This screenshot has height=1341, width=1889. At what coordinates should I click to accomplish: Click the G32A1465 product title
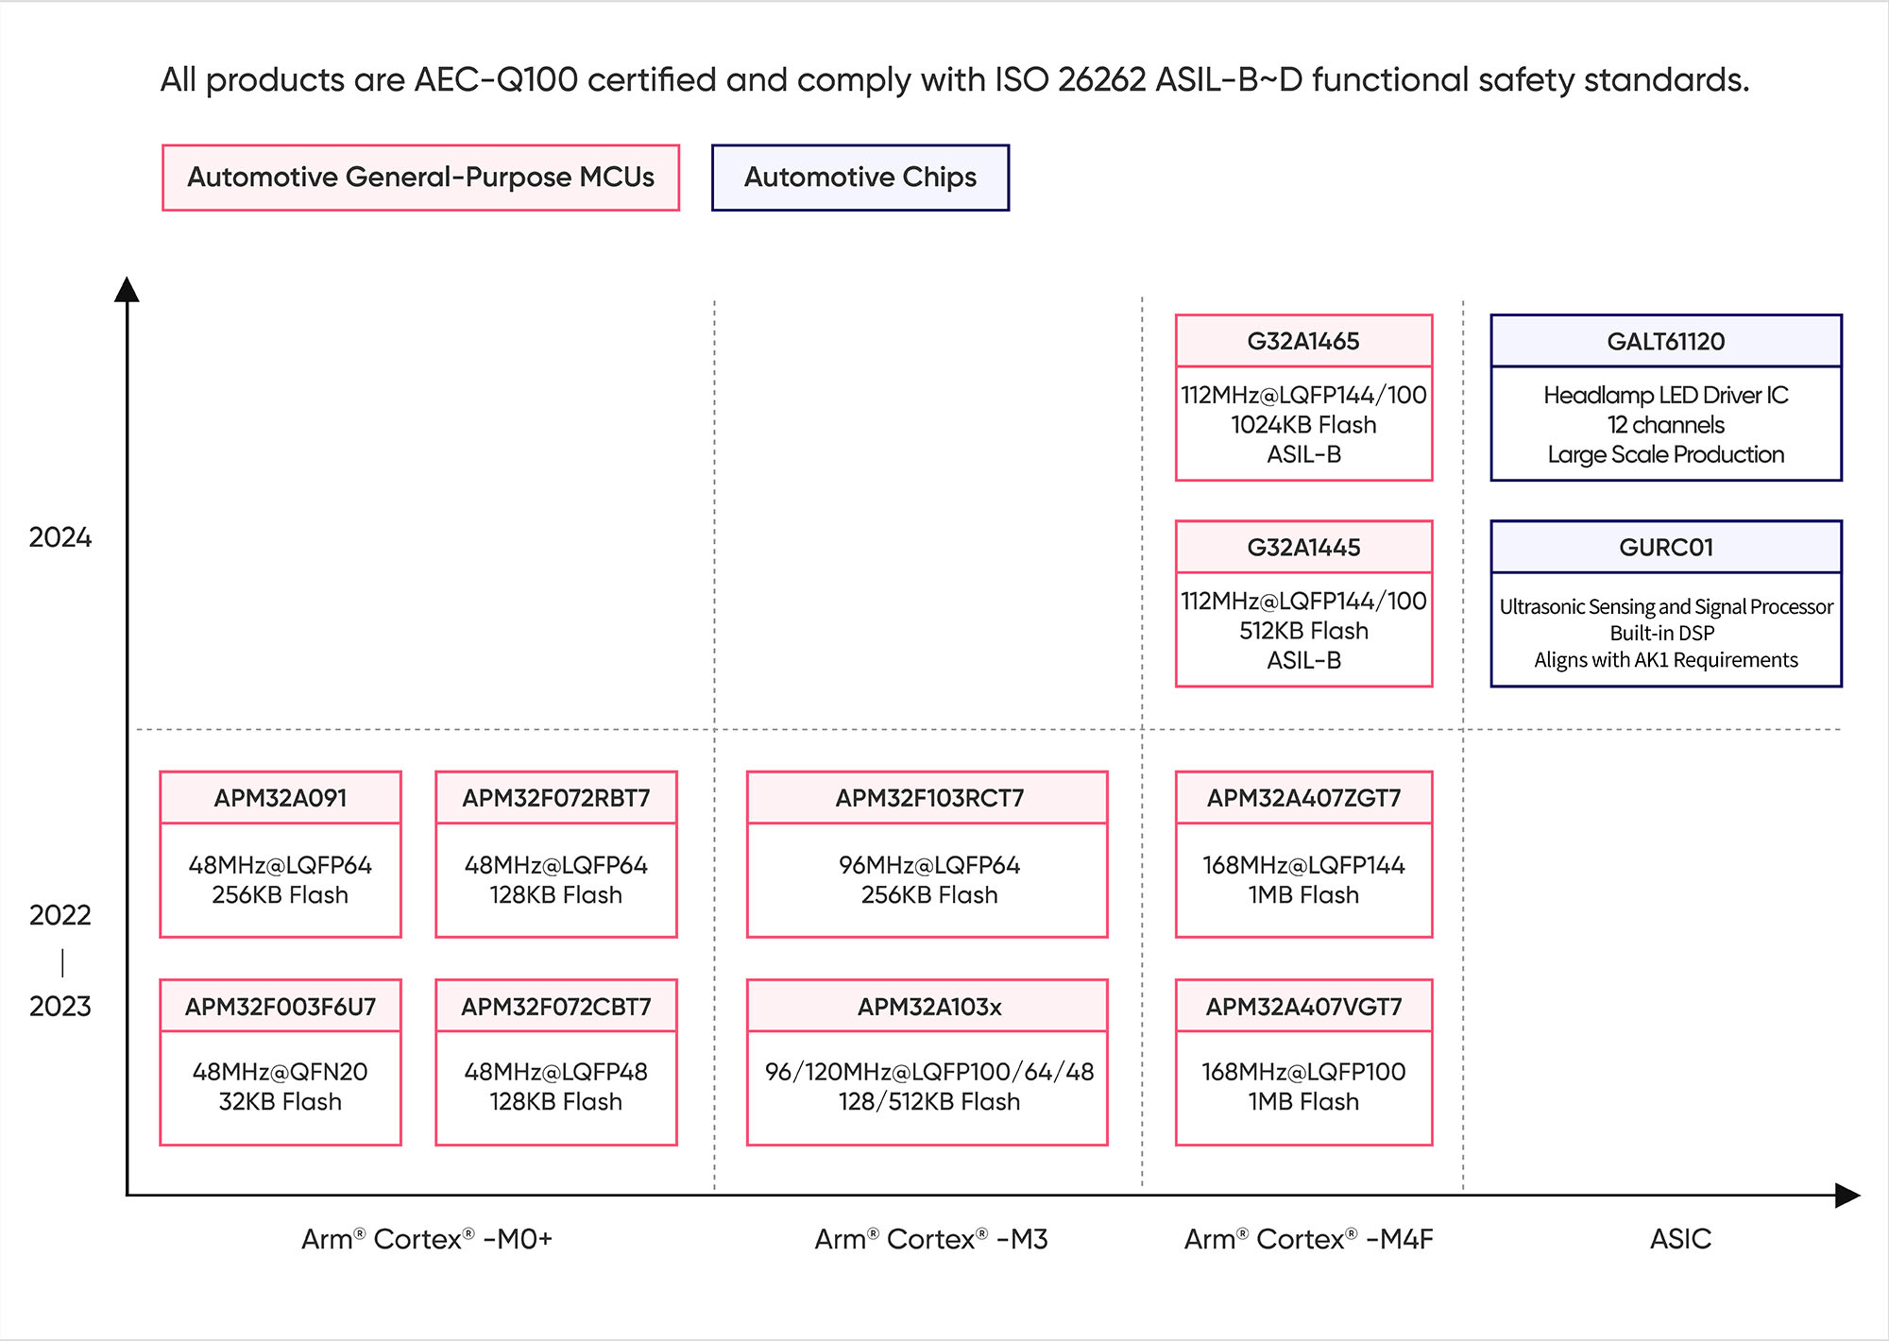[1303, 342]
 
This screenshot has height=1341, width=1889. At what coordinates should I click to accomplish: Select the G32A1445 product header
[1303, 548]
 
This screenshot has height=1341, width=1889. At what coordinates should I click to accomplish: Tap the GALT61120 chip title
[1666, 342]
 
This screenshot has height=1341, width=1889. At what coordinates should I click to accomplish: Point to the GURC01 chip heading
[1666, 548]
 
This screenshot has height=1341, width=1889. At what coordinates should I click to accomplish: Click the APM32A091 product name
[281, 798]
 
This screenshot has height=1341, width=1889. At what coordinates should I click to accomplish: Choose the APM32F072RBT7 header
[556, 798]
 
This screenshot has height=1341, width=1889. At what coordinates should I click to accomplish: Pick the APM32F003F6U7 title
[281, 1007]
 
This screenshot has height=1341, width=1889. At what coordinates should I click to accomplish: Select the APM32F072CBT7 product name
[556, 1007]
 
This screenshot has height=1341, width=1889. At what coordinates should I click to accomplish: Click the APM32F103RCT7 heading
[929, 798]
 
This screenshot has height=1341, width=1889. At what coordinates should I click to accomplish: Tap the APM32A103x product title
[929, 1007]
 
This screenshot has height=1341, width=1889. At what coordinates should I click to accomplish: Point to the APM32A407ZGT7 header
[1303, 798]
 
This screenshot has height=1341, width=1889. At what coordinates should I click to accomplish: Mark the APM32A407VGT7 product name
[1303, 1007]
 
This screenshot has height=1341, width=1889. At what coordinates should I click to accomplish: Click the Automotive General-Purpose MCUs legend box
[420, 178]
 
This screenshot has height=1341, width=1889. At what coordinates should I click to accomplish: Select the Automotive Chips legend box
[860, 178]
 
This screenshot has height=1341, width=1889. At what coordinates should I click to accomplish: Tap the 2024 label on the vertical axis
[60, 537]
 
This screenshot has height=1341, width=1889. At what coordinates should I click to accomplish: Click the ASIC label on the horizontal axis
[1680, 1239]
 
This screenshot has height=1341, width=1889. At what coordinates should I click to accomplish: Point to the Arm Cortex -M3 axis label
[931, 1239]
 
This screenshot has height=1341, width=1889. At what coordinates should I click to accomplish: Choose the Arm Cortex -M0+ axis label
[427, 1239]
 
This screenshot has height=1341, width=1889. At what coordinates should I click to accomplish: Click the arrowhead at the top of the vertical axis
[127, 289]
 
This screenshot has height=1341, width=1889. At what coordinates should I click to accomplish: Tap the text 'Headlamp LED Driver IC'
[1666, 395]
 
